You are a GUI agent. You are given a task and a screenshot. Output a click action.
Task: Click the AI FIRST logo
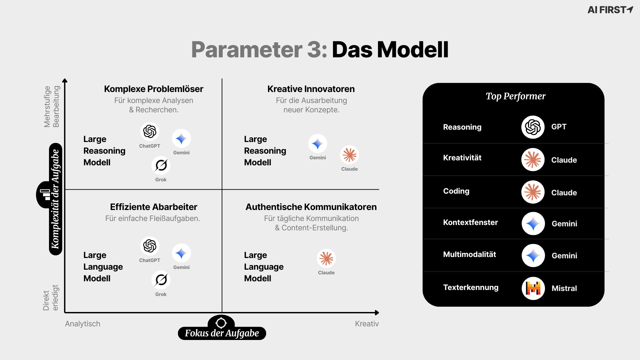tap(610, 10)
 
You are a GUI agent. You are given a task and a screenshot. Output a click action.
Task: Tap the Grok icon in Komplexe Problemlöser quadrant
tap(161, 165)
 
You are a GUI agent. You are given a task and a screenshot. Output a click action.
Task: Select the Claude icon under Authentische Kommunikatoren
tap(326, 258)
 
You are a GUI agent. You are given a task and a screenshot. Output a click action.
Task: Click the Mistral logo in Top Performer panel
tap(533, 288)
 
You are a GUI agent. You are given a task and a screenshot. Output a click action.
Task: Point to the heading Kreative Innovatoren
tap(311, 89)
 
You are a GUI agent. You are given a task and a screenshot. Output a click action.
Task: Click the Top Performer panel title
tap(515, 96)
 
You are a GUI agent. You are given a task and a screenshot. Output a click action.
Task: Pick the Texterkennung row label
tap(471, 287)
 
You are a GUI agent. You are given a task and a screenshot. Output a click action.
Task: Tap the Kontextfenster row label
tap(470, 222)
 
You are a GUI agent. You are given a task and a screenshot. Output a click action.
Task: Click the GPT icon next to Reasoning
tap(533, 127)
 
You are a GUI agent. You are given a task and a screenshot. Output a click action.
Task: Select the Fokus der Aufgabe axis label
tap(222, 333)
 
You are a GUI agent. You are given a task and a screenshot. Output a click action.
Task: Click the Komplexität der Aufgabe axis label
tap(55, 199)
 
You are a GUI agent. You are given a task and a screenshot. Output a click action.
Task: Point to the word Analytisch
tap(83, 324)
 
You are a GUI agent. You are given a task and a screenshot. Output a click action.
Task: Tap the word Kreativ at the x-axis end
tap(367, 324)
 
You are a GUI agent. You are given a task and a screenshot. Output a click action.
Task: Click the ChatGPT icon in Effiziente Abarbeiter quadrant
tap(150, 246)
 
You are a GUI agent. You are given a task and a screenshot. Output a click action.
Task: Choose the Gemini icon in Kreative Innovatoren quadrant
tap(317, 144)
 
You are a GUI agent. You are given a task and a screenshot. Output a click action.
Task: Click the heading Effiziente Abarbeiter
tap(154, 207)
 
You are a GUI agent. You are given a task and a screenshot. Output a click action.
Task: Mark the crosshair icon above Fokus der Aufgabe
tap(221, 323)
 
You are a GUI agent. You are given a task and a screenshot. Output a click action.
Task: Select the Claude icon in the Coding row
tap(533, 192)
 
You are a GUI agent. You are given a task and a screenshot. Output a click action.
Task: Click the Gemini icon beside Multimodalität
tap(533, 256)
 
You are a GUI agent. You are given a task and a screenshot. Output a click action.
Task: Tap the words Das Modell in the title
tap(390, 50)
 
